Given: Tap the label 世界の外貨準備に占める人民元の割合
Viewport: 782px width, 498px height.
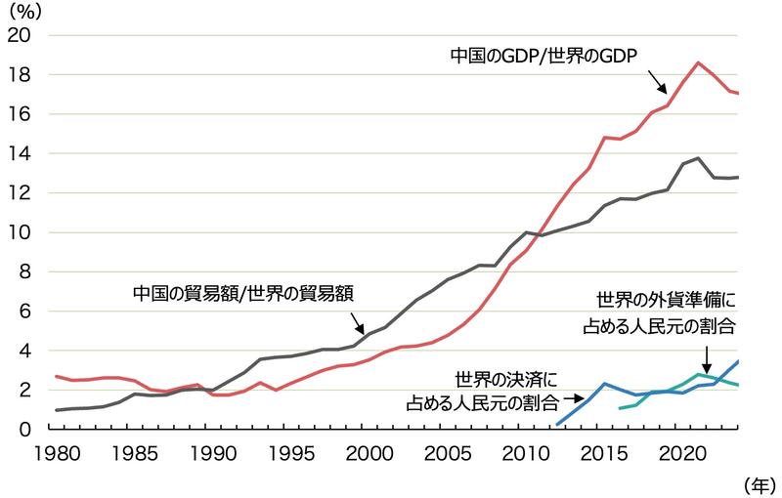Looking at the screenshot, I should coord(665,312).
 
